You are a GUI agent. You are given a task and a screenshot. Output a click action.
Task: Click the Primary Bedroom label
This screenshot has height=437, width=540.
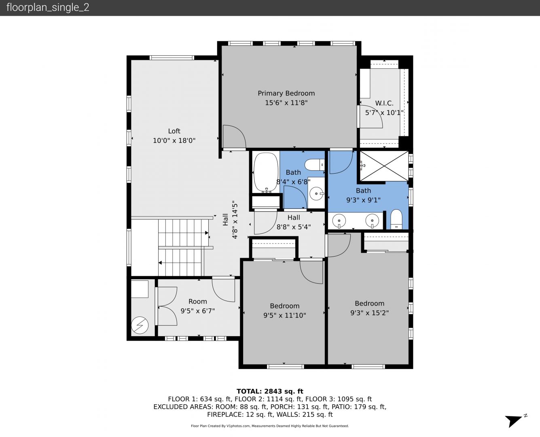coord(286,93)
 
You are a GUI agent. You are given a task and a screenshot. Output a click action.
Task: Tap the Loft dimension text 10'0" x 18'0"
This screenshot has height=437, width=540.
coord(174,140)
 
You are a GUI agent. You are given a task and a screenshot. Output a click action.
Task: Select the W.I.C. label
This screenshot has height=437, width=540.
coord(384,103)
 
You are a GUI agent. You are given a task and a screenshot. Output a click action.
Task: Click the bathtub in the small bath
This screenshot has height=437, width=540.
coord(266,172)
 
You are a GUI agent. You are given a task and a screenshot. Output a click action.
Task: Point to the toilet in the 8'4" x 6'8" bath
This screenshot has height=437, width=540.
coord(315,165)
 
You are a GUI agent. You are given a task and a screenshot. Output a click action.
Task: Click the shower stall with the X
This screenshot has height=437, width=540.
coord(384,166)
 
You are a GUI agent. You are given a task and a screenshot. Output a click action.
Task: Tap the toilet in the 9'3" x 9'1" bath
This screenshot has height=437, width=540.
coord(396,219)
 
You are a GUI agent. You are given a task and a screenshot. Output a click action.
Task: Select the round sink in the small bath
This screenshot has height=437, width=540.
coord(316,194)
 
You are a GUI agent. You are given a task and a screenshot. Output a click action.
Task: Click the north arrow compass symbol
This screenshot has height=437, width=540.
coord(515,421)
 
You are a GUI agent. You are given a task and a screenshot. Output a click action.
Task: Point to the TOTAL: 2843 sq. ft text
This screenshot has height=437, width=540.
coord(270,391)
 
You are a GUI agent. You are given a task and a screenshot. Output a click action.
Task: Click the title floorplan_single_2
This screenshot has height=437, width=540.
coord(48,7)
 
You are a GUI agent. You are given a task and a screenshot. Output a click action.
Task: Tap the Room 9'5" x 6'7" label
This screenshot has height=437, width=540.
coord(198,306)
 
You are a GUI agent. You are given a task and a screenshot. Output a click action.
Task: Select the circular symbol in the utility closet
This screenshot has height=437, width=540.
coord(140,325)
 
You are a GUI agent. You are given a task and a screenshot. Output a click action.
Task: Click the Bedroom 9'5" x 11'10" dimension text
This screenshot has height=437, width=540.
coord(285,315)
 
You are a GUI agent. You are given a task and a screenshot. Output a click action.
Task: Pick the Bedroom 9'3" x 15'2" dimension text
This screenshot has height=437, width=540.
coord(369,313)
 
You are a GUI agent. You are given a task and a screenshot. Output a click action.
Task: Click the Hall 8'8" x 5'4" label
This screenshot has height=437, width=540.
coord(294,222)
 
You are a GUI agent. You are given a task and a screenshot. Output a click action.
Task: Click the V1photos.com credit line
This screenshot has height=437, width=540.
coord(270,426)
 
